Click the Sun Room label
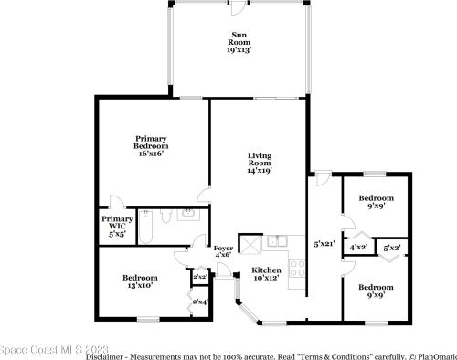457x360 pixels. pyautogui.click(x=239, y=43)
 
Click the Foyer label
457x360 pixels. pyautogui.click(x=223, y=250)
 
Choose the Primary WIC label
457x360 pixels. pyautogui.click(x=117, y=226)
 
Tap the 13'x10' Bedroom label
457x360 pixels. pyautogui.click(x=140, y=281)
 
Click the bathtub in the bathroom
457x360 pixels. pyautogui.click(x=144, y=227)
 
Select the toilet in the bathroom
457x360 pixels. pyautogui.click(x=165, y=217)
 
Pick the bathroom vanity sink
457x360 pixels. pyautogui.click(x=188, y=217)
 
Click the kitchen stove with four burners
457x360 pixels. pyautogui.click(x=296, y=267)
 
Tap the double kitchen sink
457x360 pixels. pyautogui.click(x=278, y=242)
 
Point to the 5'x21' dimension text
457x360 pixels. pyautogui.click(x=324, y=244)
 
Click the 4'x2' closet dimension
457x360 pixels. pyautogui.click(x=359, y=247)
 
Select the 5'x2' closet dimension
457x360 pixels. pyautogui.click(x=392, y=247)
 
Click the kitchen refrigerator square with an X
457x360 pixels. pyautogui.click(x=250, y=244)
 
